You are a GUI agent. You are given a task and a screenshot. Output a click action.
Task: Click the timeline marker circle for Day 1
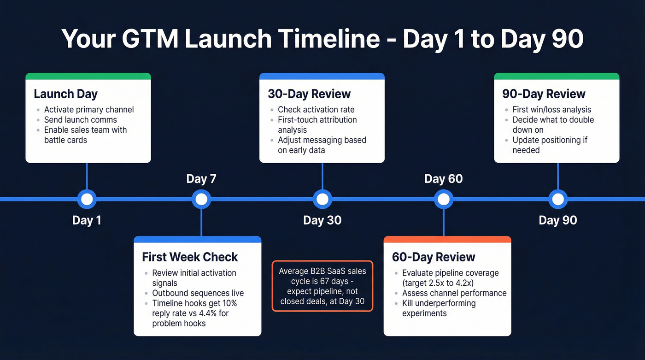pyautogui.click(x=87, y=199)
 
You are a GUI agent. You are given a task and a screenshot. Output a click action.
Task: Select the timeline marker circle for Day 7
pyautogui.click(x=201, y=199)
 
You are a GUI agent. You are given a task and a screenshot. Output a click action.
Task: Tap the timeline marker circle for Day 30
pyautogui.click(x=322, y=199)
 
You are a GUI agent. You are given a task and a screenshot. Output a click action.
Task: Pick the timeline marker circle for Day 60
pyautogui.click(x=443, y=199)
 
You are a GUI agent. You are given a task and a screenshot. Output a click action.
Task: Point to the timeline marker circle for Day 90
pyautogui.click(x=557, y=199)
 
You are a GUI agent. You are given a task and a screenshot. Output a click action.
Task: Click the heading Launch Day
pyautogui.click(x=65, y=94)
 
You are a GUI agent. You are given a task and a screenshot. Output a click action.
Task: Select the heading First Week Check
pyautogui.click(x=190, y=257)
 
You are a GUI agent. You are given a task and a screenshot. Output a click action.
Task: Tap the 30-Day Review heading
pyautogui.click(x=309, y=94)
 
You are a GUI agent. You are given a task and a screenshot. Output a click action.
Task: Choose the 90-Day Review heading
pyautogui.click(x=544, y=94)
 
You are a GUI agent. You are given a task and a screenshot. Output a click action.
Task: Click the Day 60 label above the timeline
pyautogui.click(x=443, y=179)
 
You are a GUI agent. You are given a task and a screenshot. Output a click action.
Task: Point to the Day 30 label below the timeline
pyautogui.click(x=322, y=220)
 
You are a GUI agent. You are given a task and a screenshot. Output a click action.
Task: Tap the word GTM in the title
pyautogui.click(x=151, y=39)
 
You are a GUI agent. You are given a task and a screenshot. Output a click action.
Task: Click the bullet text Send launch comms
pyautogui.click(x=81, y=120)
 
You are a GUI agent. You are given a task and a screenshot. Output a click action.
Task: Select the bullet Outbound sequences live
pyautogui.click(x=198, y=293)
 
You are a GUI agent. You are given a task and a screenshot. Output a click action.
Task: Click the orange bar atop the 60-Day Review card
pyautogui.click(x=447, y=239)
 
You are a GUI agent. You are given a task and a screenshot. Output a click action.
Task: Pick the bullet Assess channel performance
pyautogui.click(x=454, y=293)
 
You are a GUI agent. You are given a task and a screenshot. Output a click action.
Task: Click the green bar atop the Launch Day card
pyautogui.click(x=88, y=76)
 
